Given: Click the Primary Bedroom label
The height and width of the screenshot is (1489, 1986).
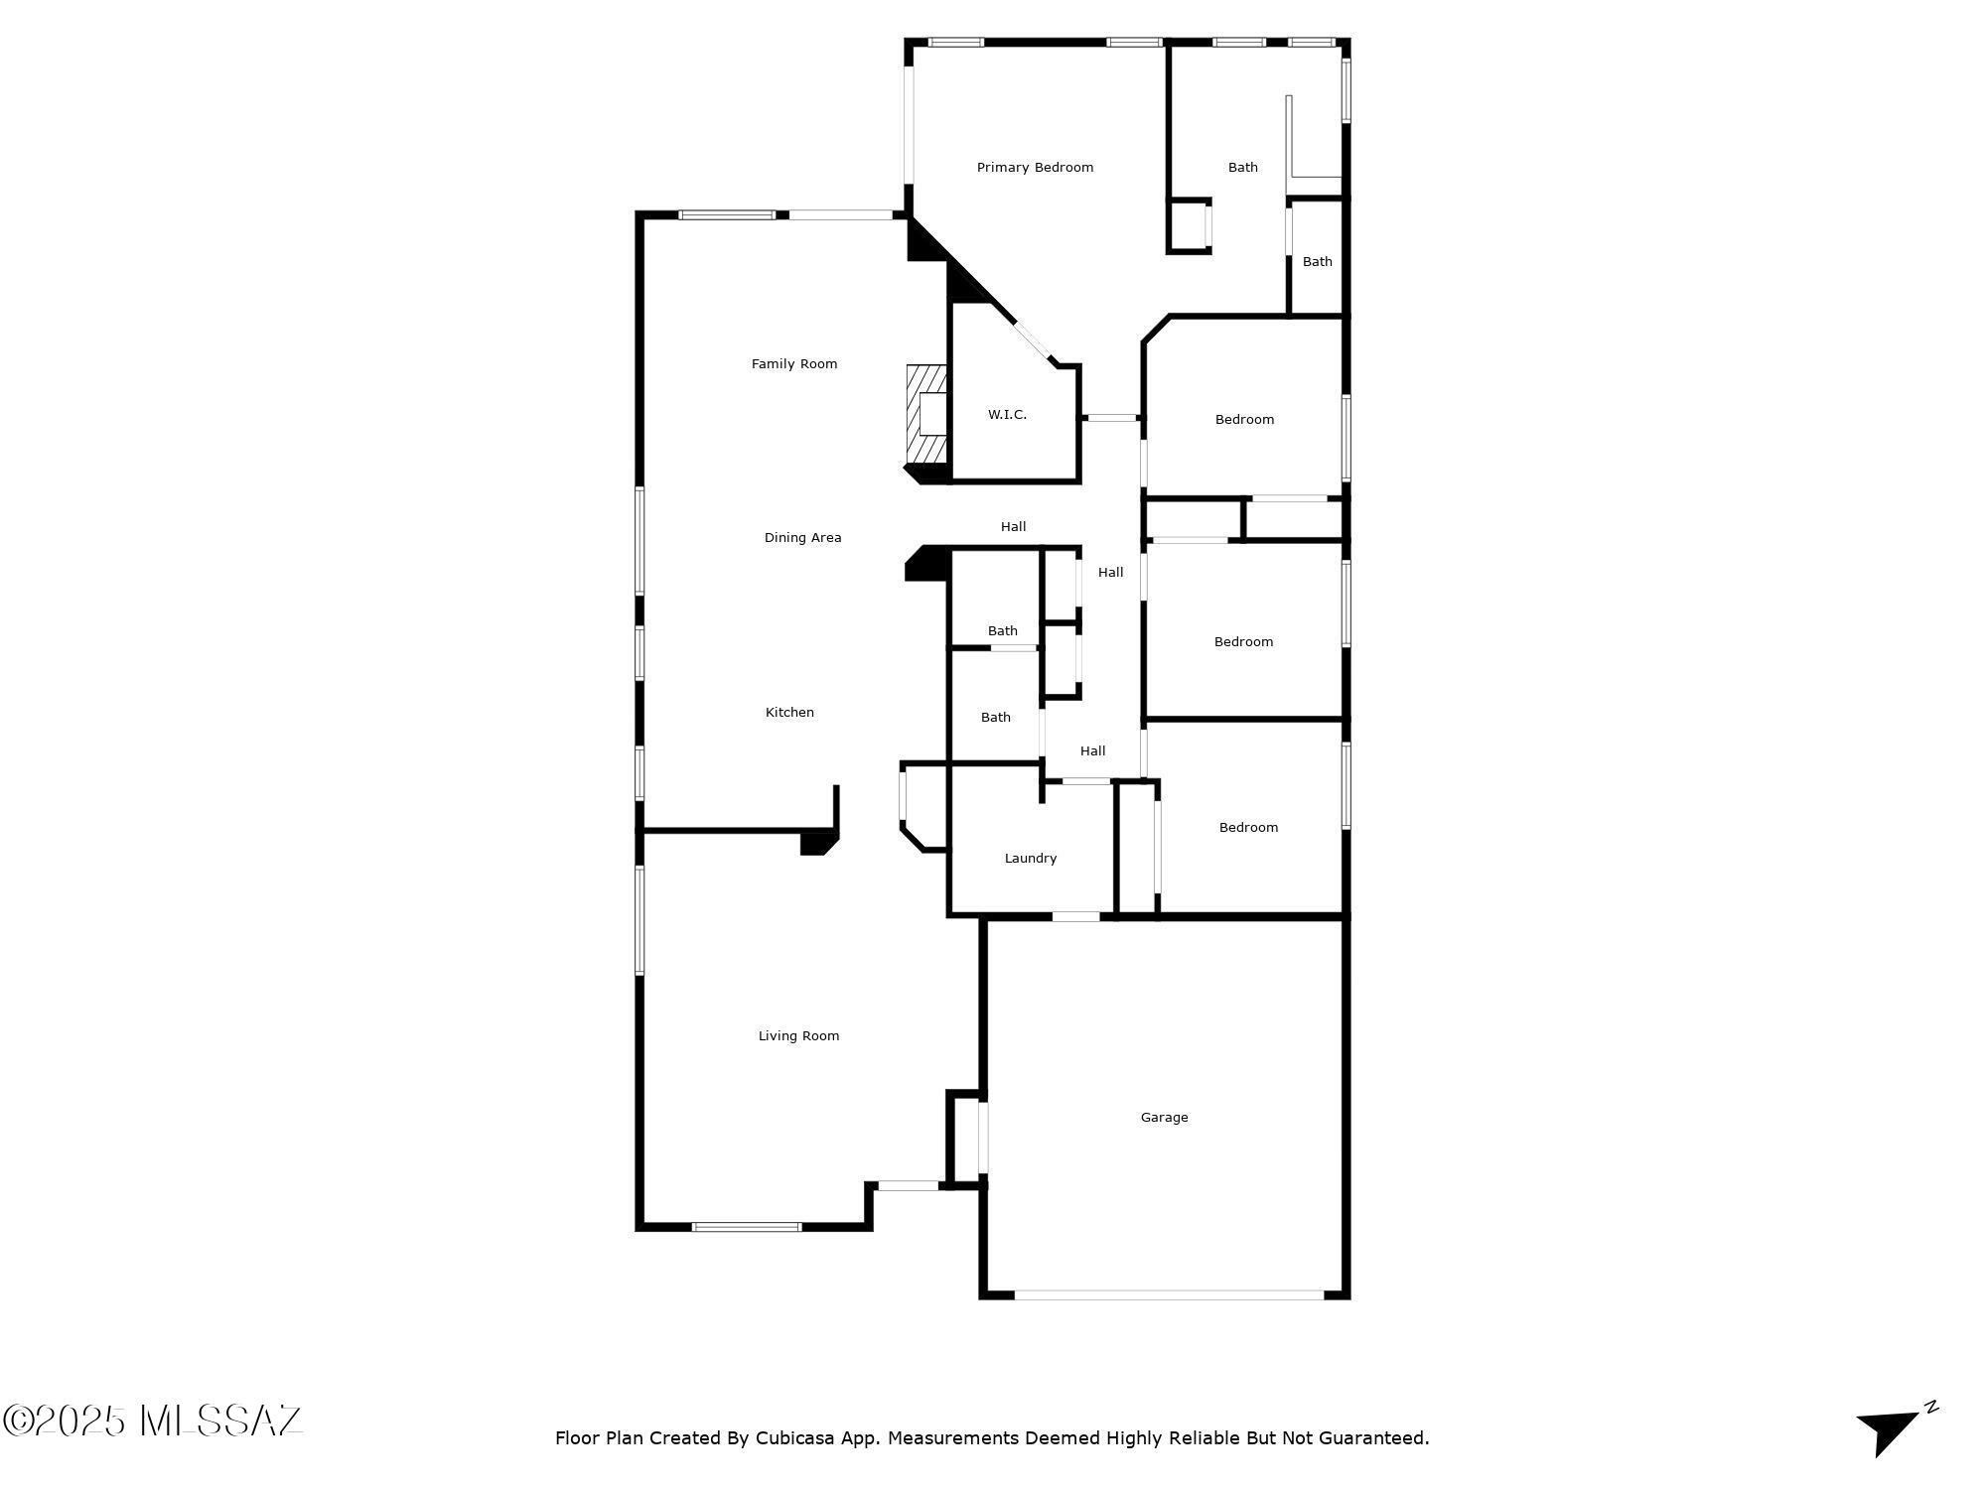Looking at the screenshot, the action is click(x=1035, y=168).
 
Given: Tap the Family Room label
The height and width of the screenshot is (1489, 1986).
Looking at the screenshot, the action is click(x=794, y=364).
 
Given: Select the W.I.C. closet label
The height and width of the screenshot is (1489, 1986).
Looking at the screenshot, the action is click(x=1007, y=415).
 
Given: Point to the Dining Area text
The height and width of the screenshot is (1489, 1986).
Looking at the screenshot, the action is click(x=802, y=538).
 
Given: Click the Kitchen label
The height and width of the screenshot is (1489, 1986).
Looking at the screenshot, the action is click(x=789, y=713).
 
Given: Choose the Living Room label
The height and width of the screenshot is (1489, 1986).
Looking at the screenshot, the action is click(x=798, y=1036).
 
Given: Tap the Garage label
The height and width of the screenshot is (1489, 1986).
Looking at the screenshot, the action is click(x=1164, y=1118).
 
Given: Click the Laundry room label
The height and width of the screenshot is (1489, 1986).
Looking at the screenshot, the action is click(x=1031, y=859).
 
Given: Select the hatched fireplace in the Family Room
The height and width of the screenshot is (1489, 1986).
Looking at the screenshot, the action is click(x=925, y=414).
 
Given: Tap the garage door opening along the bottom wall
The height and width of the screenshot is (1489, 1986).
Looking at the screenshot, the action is click(x=1169, y=1294).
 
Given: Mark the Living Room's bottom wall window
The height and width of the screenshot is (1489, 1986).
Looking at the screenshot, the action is click(x=747, y=1227).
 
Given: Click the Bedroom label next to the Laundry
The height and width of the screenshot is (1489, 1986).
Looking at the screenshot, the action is click(x=1248, y=828).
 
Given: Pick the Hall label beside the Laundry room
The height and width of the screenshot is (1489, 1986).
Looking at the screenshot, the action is click(x=1092, y=751).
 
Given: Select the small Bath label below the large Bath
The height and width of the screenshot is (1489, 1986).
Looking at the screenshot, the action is click(x=1317, y=262).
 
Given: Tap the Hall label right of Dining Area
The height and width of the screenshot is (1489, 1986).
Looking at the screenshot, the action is click(x=1013, y=527).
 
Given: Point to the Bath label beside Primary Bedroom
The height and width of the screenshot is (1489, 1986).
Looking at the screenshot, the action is click(x=1242, y=168).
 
